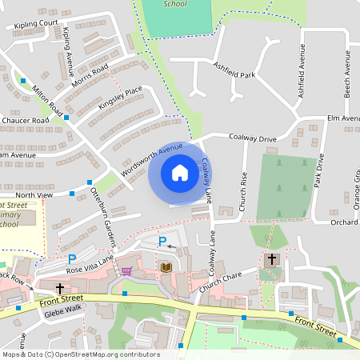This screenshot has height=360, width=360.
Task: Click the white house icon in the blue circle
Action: (180, 173)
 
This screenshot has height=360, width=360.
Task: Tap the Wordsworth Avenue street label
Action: (152, 160)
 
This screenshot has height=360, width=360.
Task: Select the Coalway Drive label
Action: (253, 138)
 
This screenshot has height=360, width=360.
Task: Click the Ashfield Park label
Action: (234, 74)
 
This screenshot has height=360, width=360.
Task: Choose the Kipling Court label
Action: (35, 24)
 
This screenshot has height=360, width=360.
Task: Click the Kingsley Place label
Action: (120, 98)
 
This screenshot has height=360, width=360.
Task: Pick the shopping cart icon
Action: (126, 270)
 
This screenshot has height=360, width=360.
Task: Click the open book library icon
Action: (166, 266)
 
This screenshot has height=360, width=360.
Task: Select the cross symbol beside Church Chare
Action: (272, 259)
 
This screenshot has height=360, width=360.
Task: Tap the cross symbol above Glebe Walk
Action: (59, 287)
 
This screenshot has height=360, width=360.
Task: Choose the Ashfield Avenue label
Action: (302, 77)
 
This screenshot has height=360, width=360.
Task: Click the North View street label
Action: (34, 194)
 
